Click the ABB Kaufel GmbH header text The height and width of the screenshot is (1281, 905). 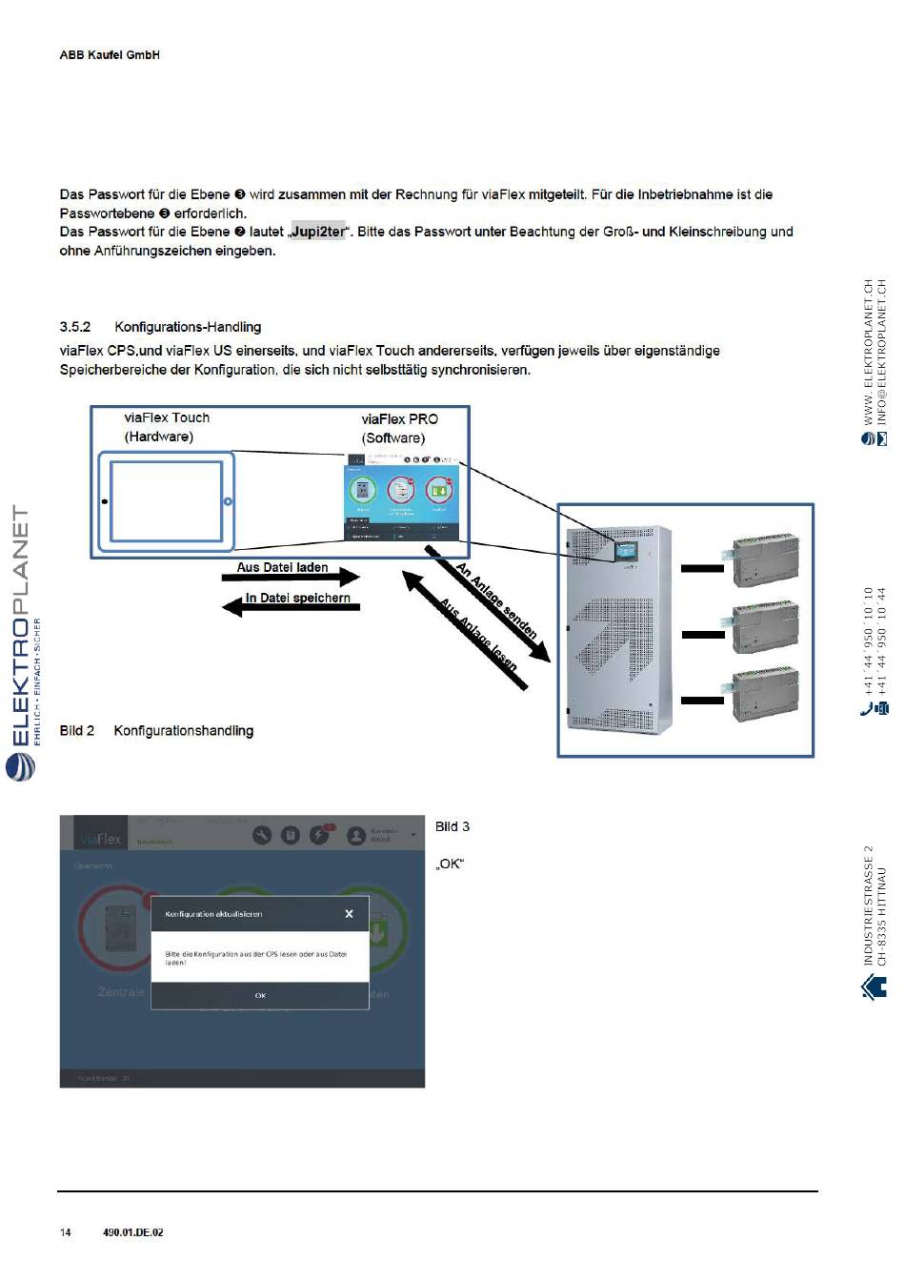110,55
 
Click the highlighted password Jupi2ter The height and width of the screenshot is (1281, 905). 318,232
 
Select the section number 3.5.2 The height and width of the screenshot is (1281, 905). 75,327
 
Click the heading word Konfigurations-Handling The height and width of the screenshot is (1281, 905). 188,327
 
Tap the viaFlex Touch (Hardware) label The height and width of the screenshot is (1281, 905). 166,427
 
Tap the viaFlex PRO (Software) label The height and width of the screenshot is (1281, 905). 399,428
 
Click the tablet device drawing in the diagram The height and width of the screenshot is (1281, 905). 166,501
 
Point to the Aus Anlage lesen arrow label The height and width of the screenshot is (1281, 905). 478,635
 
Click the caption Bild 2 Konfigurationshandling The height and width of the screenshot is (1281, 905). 156,731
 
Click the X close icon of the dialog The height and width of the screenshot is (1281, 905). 349,914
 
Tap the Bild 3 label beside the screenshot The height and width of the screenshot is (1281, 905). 452,827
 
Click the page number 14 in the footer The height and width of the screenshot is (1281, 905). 66,1232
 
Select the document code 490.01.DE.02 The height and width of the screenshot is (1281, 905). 132,1232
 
